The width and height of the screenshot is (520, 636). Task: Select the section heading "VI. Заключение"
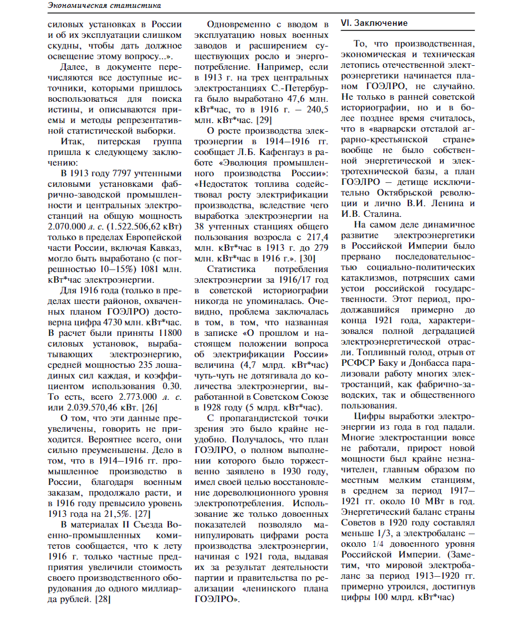tap(374, 23)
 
